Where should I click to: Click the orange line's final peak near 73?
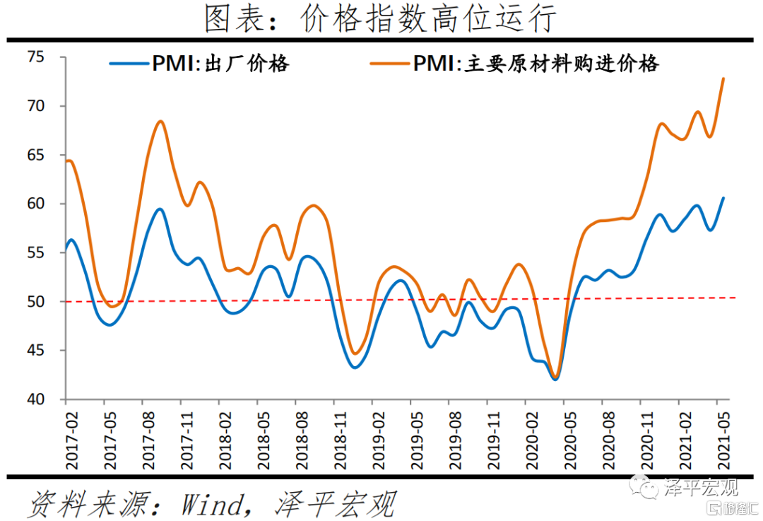pyautogui.click(x=723, y=78)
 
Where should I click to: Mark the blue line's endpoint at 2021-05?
pyautogui.click(x=723, y=198)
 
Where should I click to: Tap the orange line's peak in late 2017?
pyautogui.click(x=160, y=122)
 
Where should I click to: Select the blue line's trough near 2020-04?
pyautogui.click(x=555, y=379)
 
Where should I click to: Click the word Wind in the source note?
pyautogui.click(x=211, y=504)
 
